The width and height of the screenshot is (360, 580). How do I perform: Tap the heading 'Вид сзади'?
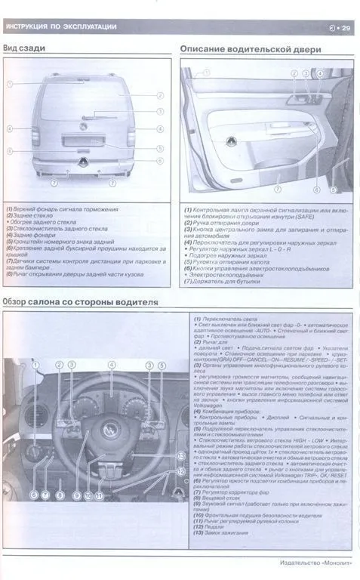[x=24, y=49]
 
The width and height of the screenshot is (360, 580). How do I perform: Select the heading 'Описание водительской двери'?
[x=251, y=49]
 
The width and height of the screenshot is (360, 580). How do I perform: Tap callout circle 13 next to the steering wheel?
[x=182, y=458]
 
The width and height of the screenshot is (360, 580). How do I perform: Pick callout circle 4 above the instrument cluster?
[x=111, y=365]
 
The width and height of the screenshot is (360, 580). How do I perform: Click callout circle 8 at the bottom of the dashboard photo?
[x=60, y=495]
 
